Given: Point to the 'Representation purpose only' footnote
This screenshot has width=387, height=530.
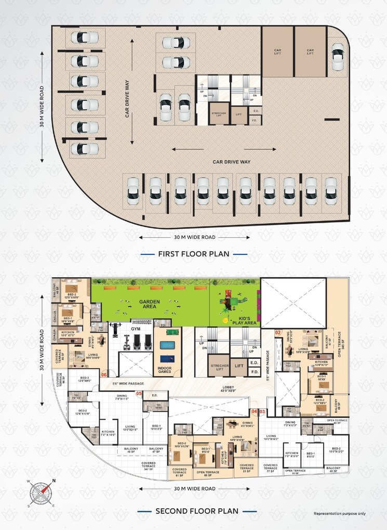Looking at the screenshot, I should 339,513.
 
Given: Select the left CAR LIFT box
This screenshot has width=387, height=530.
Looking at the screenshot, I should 277,51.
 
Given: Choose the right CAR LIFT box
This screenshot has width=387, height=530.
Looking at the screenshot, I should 310,51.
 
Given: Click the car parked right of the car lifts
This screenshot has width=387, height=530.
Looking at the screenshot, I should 338,57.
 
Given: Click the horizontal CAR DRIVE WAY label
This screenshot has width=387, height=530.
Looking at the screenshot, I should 232,162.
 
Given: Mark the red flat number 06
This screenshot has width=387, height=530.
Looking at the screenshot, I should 104,374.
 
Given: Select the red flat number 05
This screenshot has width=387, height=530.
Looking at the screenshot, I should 139,394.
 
